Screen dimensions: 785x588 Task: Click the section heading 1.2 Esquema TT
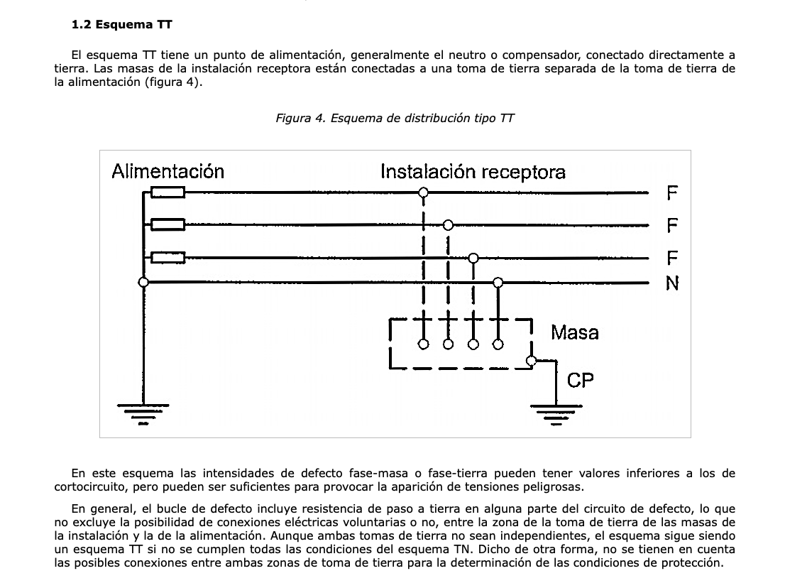(x=121, y=25)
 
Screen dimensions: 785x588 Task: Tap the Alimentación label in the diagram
(x=168, y=171)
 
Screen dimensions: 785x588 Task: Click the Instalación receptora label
(x=473, y=172)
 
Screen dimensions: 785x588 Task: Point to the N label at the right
(x=672, y=283)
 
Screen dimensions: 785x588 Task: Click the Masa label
(x=575, y=332)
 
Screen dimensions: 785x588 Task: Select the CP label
(x=581, y=381)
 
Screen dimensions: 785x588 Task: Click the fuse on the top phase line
(x=168, y=192)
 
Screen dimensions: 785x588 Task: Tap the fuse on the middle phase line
(x=168, y=224)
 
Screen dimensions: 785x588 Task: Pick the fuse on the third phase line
(x=168, y=258)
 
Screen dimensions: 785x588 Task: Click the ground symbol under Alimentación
(x=143, y=414)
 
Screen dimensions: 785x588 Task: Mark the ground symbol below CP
(x=556, y=415)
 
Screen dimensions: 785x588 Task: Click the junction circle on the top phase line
(x=424, y=192)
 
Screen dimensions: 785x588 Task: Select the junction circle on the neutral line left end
(x=143, y=283)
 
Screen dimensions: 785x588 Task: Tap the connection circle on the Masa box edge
(x=532, y=361)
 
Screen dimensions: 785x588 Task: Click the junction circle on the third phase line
(x=473, y=258)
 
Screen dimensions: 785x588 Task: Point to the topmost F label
(x=672, y=193)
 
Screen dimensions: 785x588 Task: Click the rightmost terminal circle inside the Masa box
(x=498, y=344)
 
